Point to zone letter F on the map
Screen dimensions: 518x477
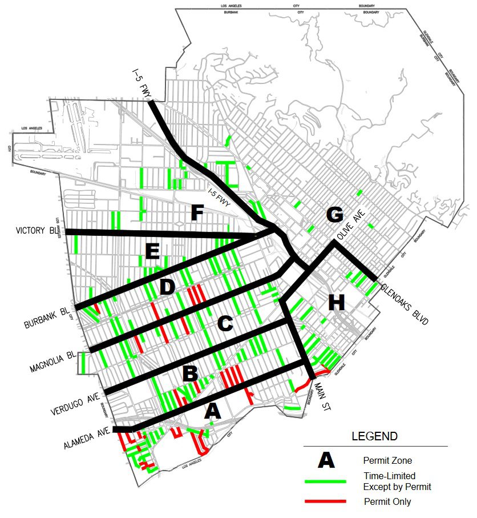pyautogui.click(x=197, y=214)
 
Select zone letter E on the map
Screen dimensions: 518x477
pyautogui.click(x=152, y=251)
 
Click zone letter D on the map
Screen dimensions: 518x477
pyautogui.click(x=167, y=287)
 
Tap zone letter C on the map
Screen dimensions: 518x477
pyautogui.click(x=225, y=324)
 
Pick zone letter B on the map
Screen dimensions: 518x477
pyautogui.click(x=190, y=375)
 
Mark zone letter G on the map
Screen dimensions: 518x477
pyautogui.click(x=334, y=215)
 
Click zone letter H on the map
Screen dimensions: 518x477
pyautogui.click(x=336, y=303)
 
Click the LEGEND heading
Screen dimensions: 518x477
pyautogui.click(x=374, y=436)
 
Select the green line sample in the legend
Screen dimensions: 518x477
pyautogui.click(x=326, y=481)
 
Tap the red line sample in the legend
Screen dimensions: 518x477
pyautogui.click(x=326, y=501)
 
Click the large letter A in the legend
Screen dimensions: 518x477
pyautogui.click(x=326, y=460)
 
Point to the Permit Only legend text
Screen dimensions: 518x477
pyautogui.click(x=387, y=502)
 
